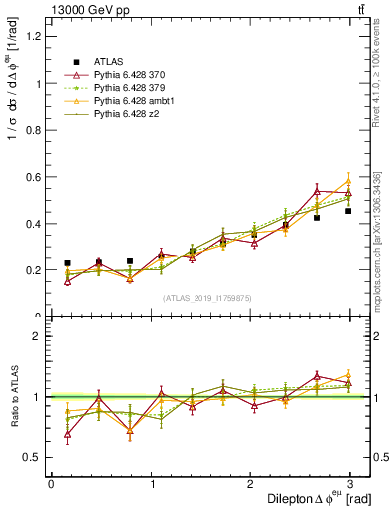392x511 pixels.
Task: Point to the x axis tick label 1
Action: point(152,484)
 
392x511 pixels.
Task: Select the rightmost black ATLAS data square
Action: point(348,211)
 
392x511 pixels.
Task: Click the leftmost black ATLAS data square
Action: point(67,263)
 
